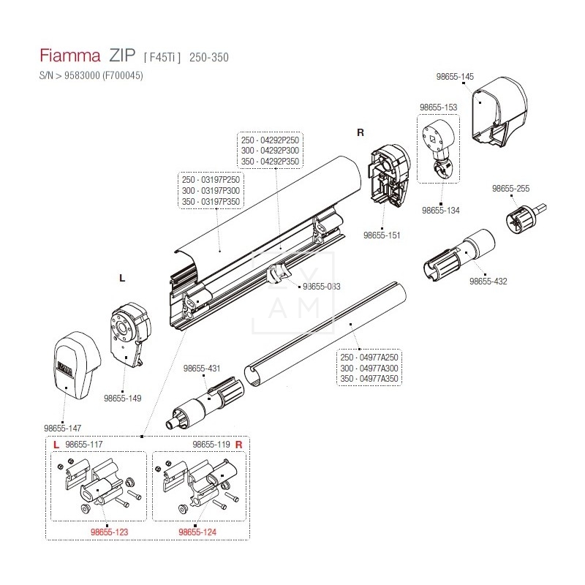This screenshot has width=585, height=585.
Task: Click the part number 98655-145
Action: coord(455,76)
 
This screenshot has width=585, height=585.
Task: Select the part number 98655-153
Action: coord(438,107)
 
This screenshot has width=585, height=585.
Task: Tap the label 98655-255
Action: coord(510,188)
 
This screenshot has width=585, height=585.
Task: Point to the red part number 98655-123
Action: coord(109,532)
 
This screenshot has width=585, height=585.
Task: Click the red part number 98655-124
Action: coord(197,532)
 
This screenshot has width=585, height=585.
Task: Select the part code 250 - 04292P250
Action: coord(270,140)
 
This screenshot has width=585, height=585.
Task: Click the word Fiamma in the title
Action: coord(68,56)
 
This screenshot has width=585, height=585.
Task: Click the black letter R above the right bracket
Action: coord(360,132)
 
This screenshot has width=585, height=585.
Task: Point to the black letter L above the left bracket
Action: coord(122,279)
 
